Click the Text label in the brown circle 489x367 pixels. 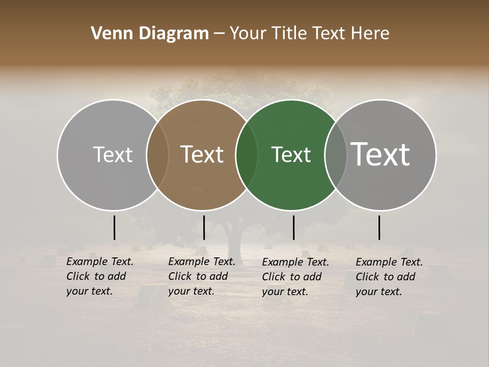pos(202,154)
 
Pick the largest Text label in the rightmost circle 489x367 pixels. pos(381,154)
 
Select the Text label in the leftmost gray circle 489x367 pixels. pos(113,154)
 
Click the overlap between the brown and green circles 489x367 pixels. pos(246,155)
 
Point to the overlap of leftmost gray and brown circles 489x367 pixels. pos(157,155)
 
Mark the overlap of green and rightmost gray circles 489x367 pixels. pos(335,155)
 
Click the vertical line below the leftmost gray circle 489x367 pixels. pos(115,227)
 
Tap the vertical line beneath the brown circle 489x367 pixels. pos(204,227)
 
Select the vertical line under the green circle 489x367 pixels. pos(293,227)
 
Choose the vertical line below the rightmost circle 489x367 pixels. pos(379,227)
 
